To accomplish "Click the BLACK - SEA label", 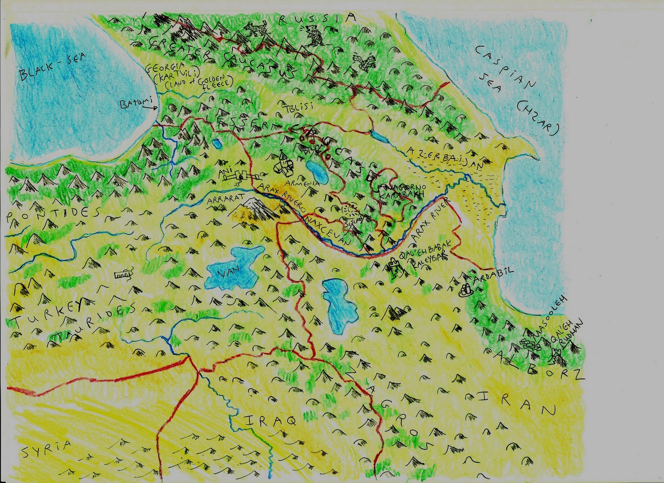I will pos(52,68).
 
